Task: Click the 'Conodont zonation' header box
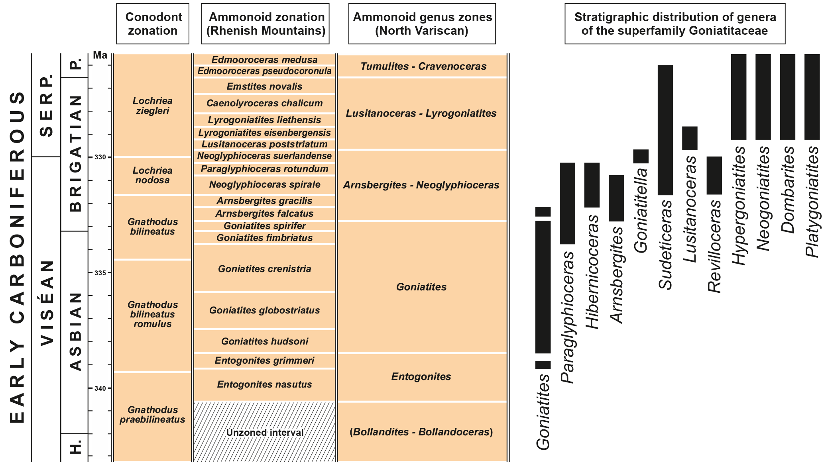(x=153, y=24)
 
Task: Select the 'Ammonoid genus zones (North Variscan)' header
(x=422, y=24)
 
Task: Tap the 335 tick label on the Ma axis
(x=100, y=273)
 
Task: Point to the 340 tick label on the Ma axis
(x=100, y=388)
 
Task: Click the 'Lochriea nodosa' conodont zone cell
(x=153, y=175)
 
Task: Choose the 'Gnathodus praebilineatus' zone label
(x=153, y=415)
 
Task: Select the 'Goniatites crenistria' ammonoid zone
(x=264, y=269)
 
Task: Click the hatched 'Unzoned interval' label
(x=265, y=433)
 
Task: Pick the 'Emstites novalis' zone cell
(x=264, y=86)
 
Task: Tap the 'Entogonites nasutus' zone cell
(x=264, y=384)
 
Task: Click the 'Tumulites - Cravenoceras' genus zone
(x=423, y=67)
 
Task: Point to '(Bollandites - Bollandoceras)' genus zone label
(x=421, y=432)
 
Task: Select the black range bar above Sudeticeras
(x=665, y=130)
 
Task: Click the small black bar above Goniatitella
(x=641, y=156)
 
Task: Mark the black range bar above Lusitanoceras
(x=690, y=138)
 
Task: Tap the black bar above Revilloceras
(x=714, y=175)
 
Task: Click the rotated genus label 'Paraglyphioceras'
(x=568, y=317)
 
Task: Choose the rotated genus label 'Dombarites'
(x=788, y=190)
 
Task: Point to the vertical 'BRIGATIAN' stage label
(x=75, y=153)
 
